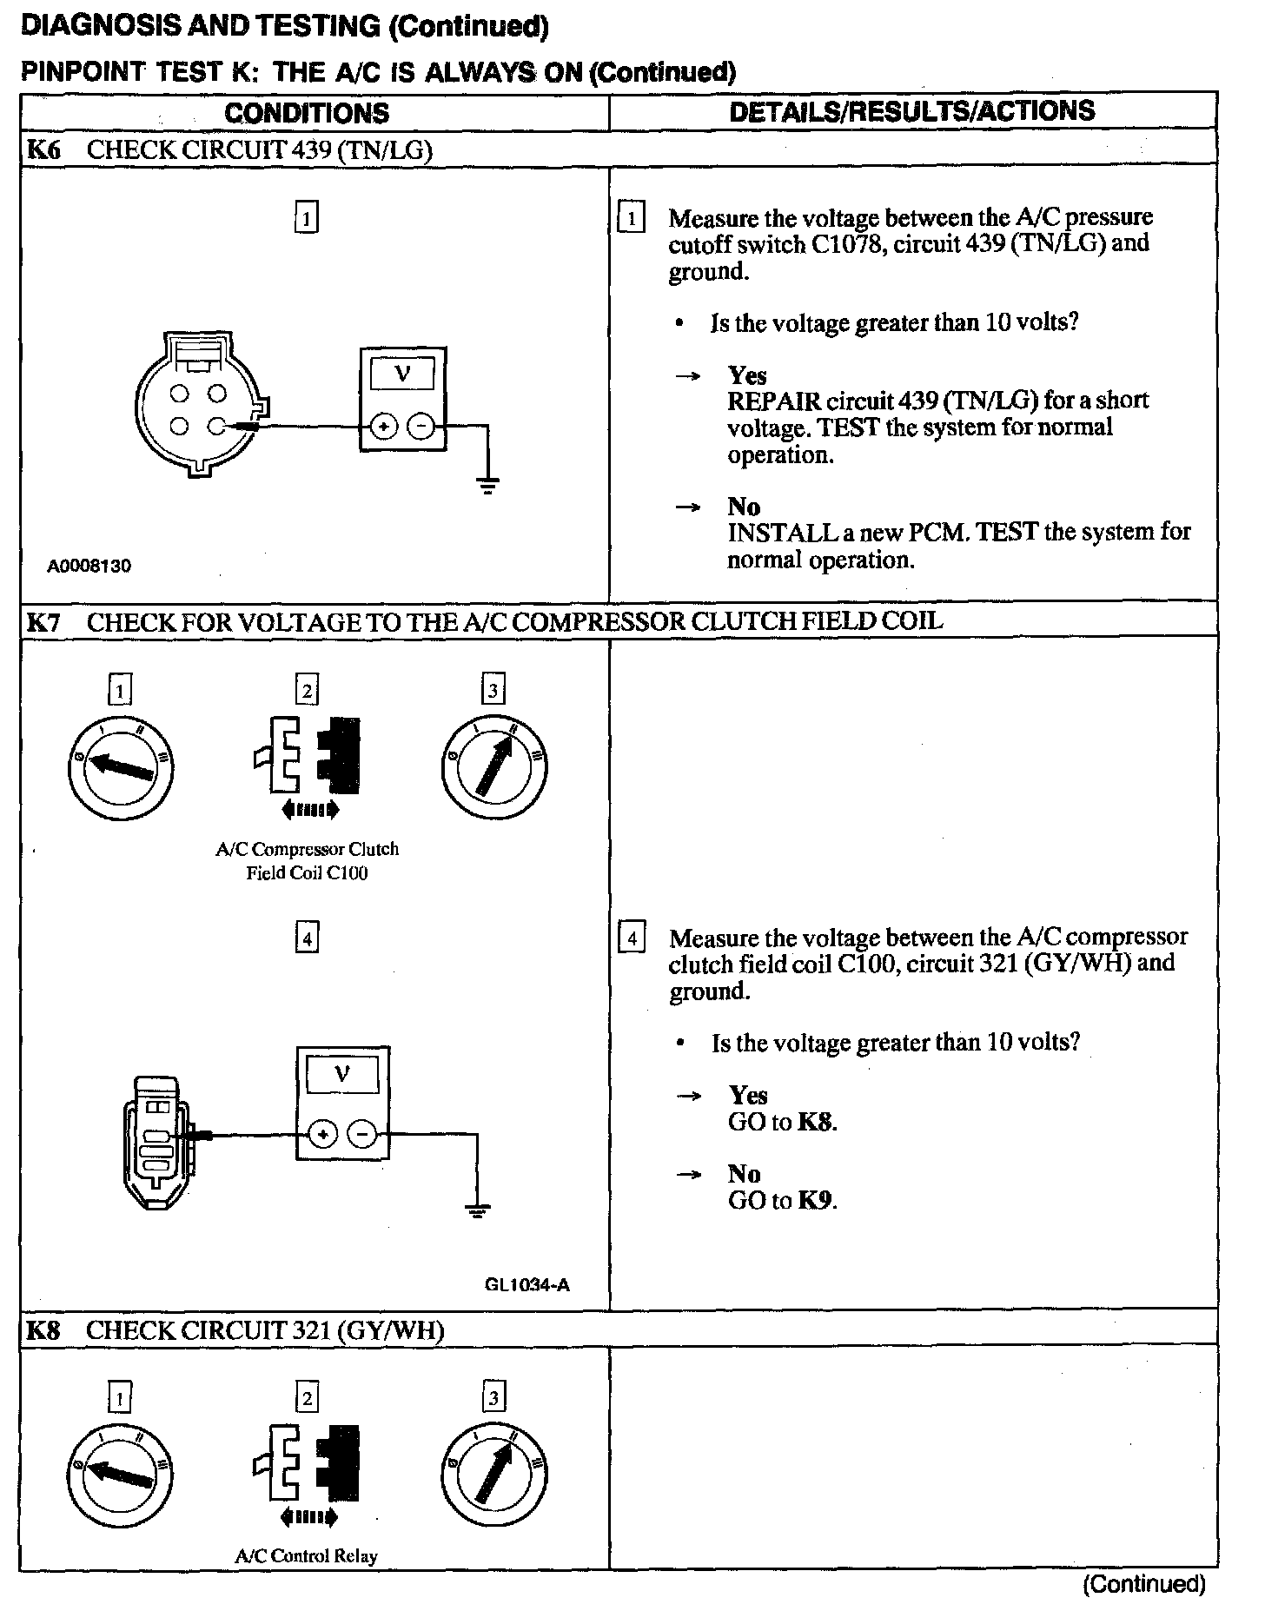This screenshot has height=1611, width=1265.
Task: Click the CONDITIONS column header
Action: pos(307,113)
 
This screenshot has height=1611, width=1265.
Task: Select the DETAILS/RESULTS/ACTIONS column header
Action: pos(912,111)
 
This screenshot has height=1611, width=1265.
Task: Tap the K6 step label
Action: pos(44,149)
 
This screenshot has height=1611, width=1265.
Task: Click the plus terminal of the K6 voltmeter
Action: pos(383,427)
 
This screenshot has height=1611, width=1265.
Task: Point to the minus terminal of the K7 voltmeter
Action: pos(363,1134)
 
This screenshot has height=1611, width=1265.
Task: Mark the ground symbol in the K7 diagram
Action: pos(477,1210)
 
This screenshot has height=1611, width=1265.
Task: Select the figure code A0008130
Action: pos(89,567)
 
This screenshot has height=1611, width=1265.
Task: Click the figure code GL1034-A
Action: pos(527,1285)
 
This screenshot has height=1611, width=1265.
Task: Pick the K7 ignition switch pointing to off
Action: pos(121,765)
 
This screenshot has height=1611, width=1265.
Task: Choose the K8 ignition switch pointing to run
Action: pos(493,1475)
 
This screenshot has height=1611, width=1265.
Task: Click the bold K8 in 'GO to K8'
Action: pos(817,1122)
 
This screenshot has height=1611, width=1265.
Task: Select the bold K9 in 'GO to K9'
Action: pos(817,1201)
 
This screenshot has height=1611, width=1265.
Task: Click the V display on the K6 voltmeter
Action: pos(402,375)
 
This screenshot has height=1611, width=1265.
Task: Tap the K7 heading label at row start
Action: pos(44,622)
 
